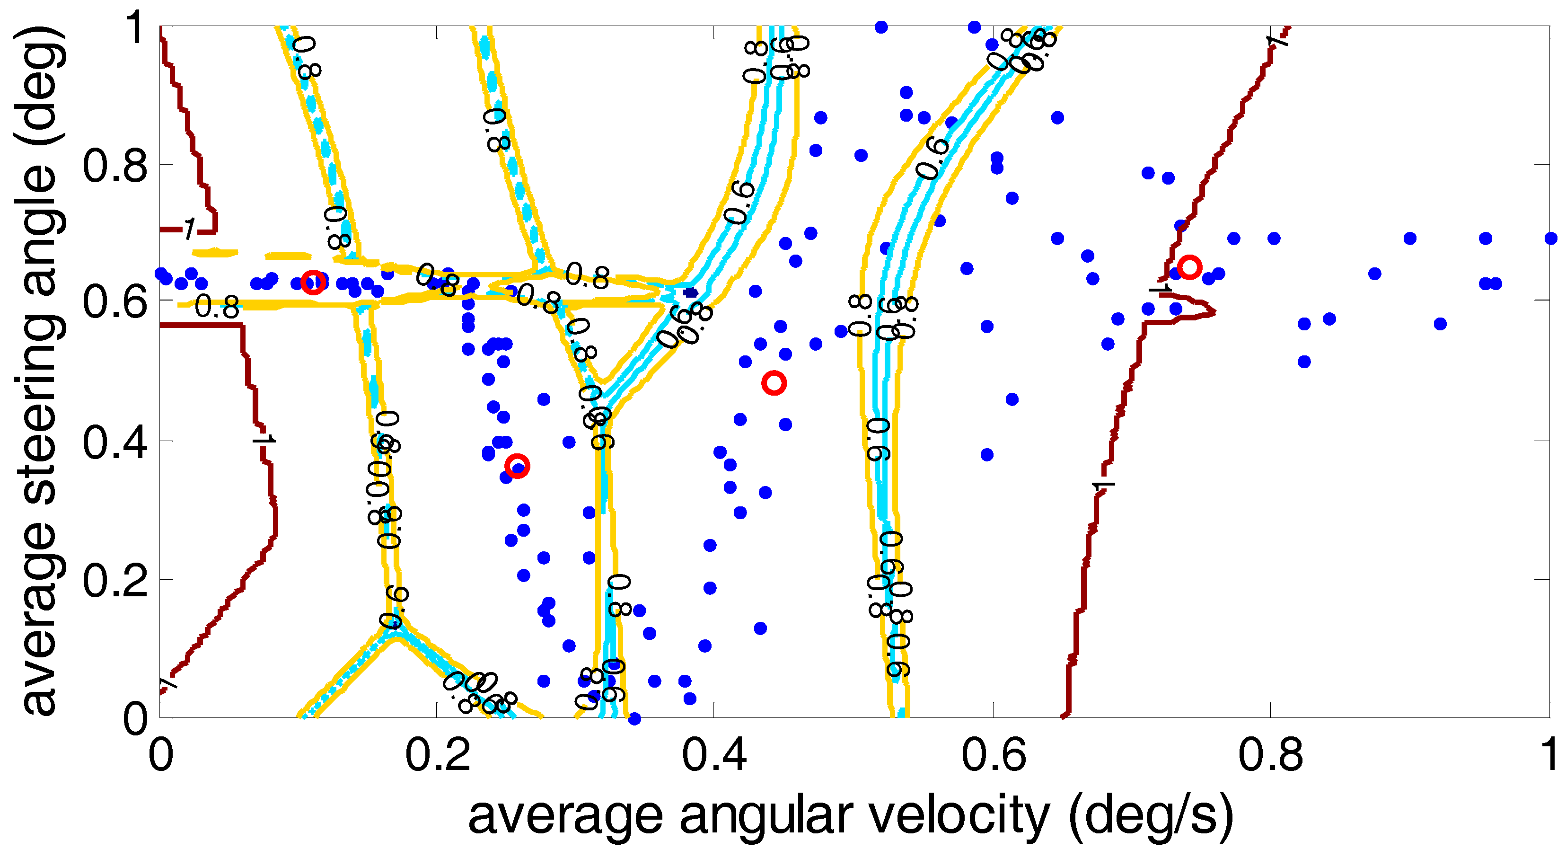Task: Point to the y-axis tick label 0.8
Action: pyautogui.click(x=115, y=166)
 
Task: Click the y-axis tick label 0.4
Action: pyautogui.click(x=115, y=442)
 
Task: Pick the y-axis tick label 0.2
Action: pyautogui.click(x=115, y=581)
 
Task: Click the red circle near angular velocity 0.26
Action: pyautogui.click(x=517, y=467)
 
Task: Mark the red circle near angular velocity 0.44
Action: pyautogui.click(x=773, y=383)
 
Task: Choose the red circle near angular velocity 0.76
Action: pyautogui.click(x=1189, y=267)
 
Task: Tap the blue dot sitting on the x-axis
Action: pyautogui.click(x=634, y=719)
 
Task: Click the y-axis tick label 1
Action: pyautogui.click(x=136, y=27)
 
